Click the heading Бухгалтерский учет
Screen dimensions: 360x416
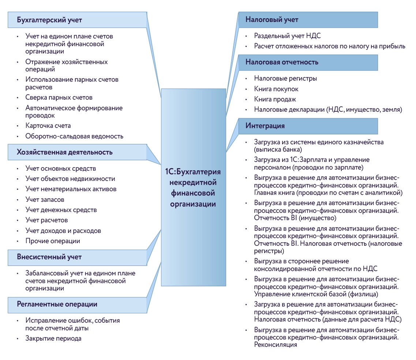49,20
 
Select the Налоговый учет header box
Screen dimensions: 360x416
272,20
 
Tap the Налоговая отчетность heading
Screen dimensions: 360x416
282,62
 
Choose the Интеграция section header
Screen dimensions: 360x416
265,126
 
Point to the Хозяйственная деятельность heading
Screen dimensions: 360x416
64,152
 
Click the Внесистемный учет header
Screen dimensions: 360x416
49,257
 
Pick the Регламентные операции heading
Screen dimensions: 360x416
57,304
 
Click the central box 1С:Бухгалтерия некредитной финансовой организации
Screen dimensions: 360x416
193,188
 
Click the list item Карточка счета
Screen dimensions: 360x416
48,126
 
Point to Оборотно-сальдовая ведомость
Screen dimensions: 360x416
74,136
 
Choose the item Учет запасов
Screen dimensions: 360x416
45,200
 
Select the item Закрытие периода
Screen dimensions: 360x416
53,338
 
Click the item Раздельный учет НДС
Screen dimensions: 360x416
288,36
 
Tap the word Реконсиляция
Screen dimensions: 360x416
275,345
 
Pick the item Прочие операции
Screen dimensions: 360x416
53,241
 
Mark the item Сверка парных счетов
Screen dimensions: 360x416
59,97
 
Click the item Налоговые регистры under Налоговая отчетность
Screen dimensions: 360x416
286,78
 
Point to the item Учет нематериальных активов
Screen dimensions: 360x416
71,189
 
